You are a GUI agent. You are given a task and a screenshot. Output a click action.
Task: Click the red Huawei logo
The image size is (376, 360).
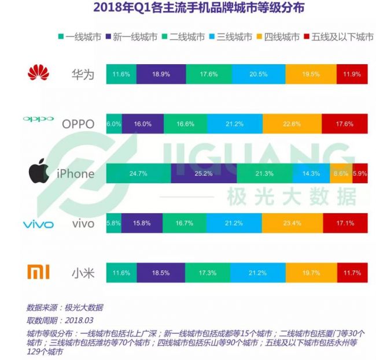coord(39,73)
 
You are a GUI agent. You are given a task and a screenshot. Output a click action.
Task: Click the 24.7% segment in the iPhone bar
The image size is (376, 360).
coord(139,173)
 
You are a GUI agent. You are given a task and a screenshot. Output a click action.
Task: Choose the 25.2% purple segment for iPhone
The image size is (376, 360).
coord(204,173)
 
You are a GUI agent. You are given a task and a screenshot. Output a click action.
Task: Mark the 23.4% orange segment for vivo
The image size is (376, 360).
coord(292,223)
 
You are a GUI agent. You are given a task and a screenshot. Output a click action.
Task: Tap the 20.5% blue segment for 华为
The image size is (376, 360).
coord(259,75)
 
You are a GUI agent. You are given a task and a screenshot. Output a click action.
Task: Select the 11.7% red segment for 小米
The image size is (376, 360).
coord(352,272)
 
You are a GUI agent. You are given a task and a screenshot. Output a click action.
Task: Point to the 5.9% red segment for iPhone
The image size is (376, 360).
coord(361,173)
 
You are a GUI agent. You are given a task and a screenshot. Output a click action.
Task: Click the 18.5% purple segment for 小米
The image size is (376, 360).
coord(158,272)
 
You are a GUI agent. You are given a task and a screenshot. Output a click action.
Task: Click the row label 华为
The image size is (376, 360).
coord(82,75)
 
